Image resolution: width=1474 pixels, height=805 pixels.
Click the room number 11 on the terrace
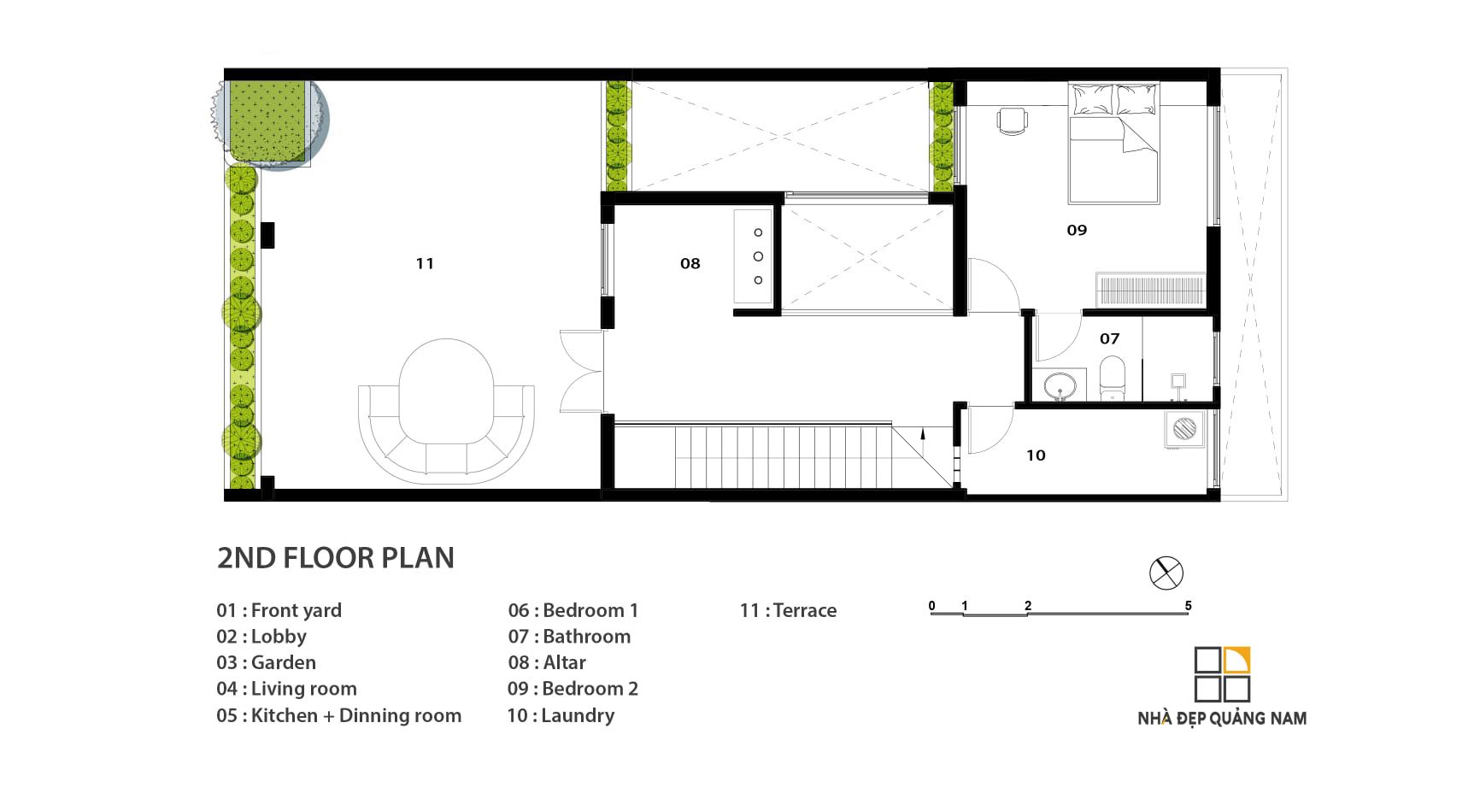(425, 263)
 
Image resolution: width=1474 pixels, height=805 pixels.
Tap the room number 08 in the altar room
(690, 263)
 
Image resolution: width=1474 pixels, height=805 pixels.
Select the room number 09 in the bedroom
(1077, 230)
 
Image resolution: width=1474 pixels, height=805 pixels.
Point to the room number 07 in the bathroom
(1109, 338)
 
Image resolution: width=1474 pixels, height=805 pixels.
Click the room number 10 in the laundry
(1036, 455)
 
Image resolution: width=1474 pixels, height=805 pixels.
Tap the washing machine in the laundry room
(1184, 429)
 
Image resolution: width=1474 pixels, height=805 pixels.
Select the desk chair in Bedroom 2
(1011, 121)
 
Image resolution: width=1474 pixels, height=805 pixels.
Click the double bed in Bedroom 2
(1113, 143)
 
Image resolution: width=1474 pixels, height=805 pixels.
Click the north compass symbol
(1166, 573)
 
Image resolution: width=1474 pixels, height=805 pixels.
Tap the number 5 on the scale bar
(1188, 605)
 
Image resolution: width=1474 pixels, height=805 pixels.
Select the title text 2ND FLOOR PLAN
(336, 558)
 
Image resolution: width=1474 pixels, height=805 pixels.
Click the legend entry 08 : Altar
(547, 662)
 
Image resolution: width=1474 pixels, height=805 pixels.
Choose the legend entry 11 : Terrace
(788, 610)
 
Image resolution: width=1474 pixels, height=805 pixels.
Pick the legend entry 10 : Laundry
(561, 715)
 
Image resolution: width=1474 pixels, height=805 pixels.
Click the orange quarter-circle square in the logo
(1236, 661)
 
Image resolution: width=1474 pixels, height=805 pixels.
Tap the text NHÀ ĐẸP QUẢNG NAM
(1222, 719)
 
